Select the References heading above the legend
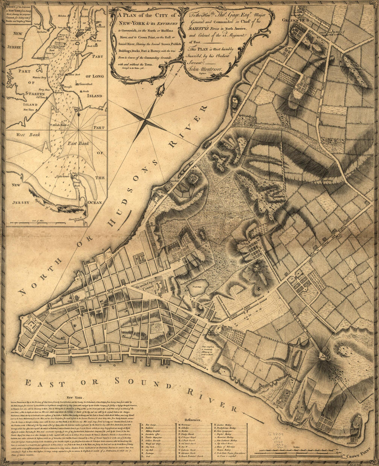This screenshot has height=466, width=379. tap(194, 420)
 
